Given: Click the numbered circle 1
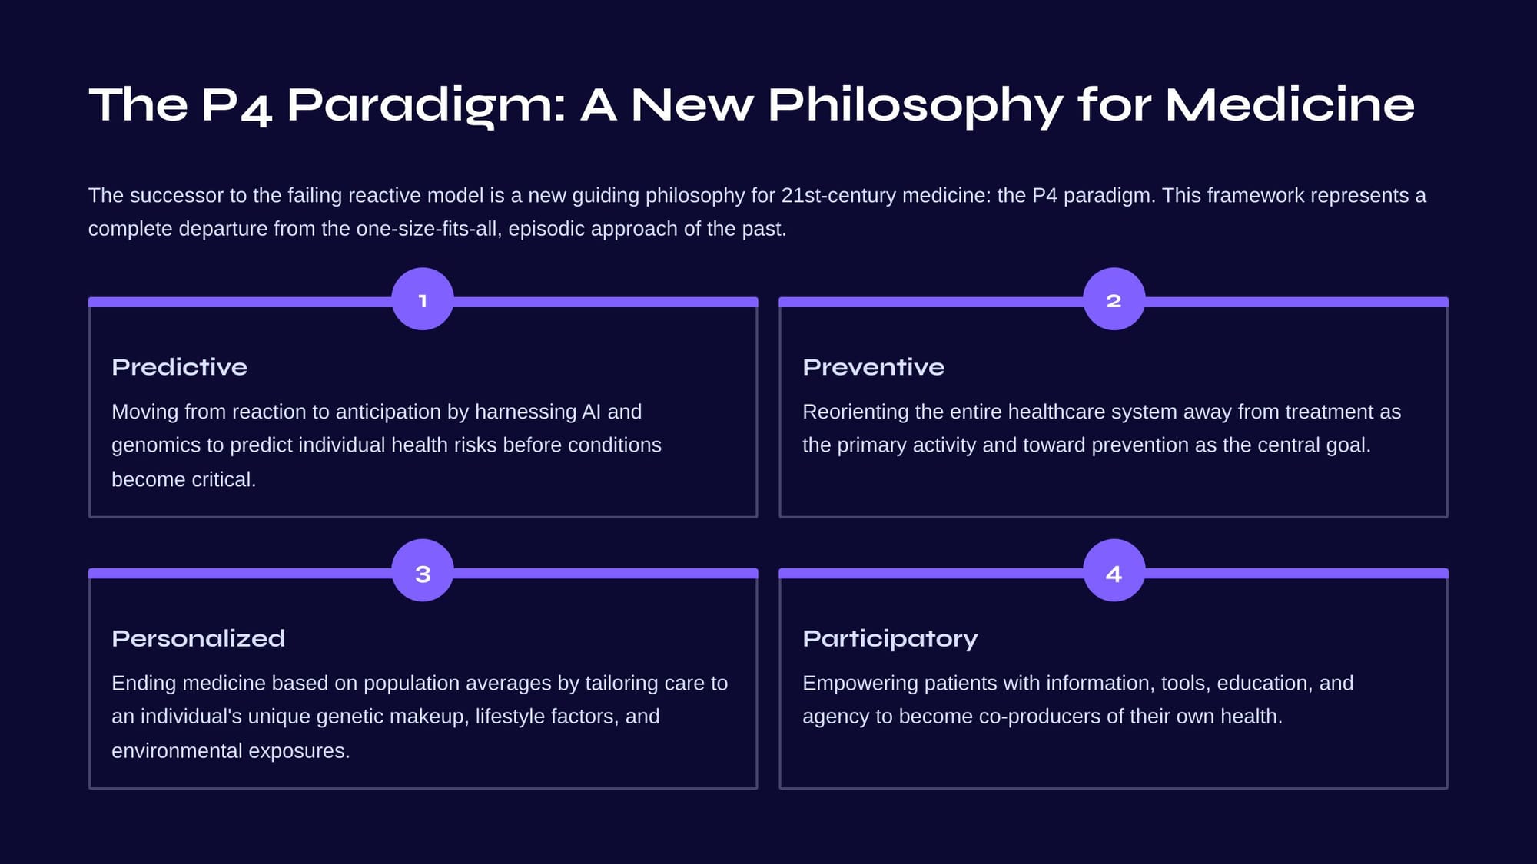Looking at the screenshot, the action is tap(423, 299).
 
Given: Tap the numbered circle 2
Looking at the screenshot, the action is tap(1114, 299).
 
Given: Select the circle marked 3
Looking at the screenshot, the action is tap(423, 571).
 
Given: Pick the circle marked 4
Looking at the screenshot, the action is tap(1114, 571).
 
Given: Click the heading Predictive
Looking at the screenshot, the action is tap(179, 367).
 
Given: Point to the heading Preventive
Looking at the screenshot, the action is tap(873, 367).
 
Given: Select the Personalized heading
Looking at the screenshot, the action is tap(198, 638).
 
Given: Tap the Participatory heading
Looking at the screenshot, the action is tap(890, 639).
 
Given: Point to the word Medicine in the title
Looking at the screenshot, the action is tap(1290, 104).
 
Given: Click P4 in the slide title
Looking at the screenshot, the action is tap(236, 106).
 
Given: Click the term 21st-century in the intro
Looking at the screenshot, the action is tap(838, 196).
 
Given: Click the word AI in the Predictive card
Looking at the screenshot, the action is tap(591, 412).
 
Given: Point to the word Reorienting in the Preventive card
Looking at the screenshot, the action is tap(855, 412).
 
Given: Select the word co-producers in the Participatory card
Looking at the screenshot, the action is tap(1041, 717).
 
